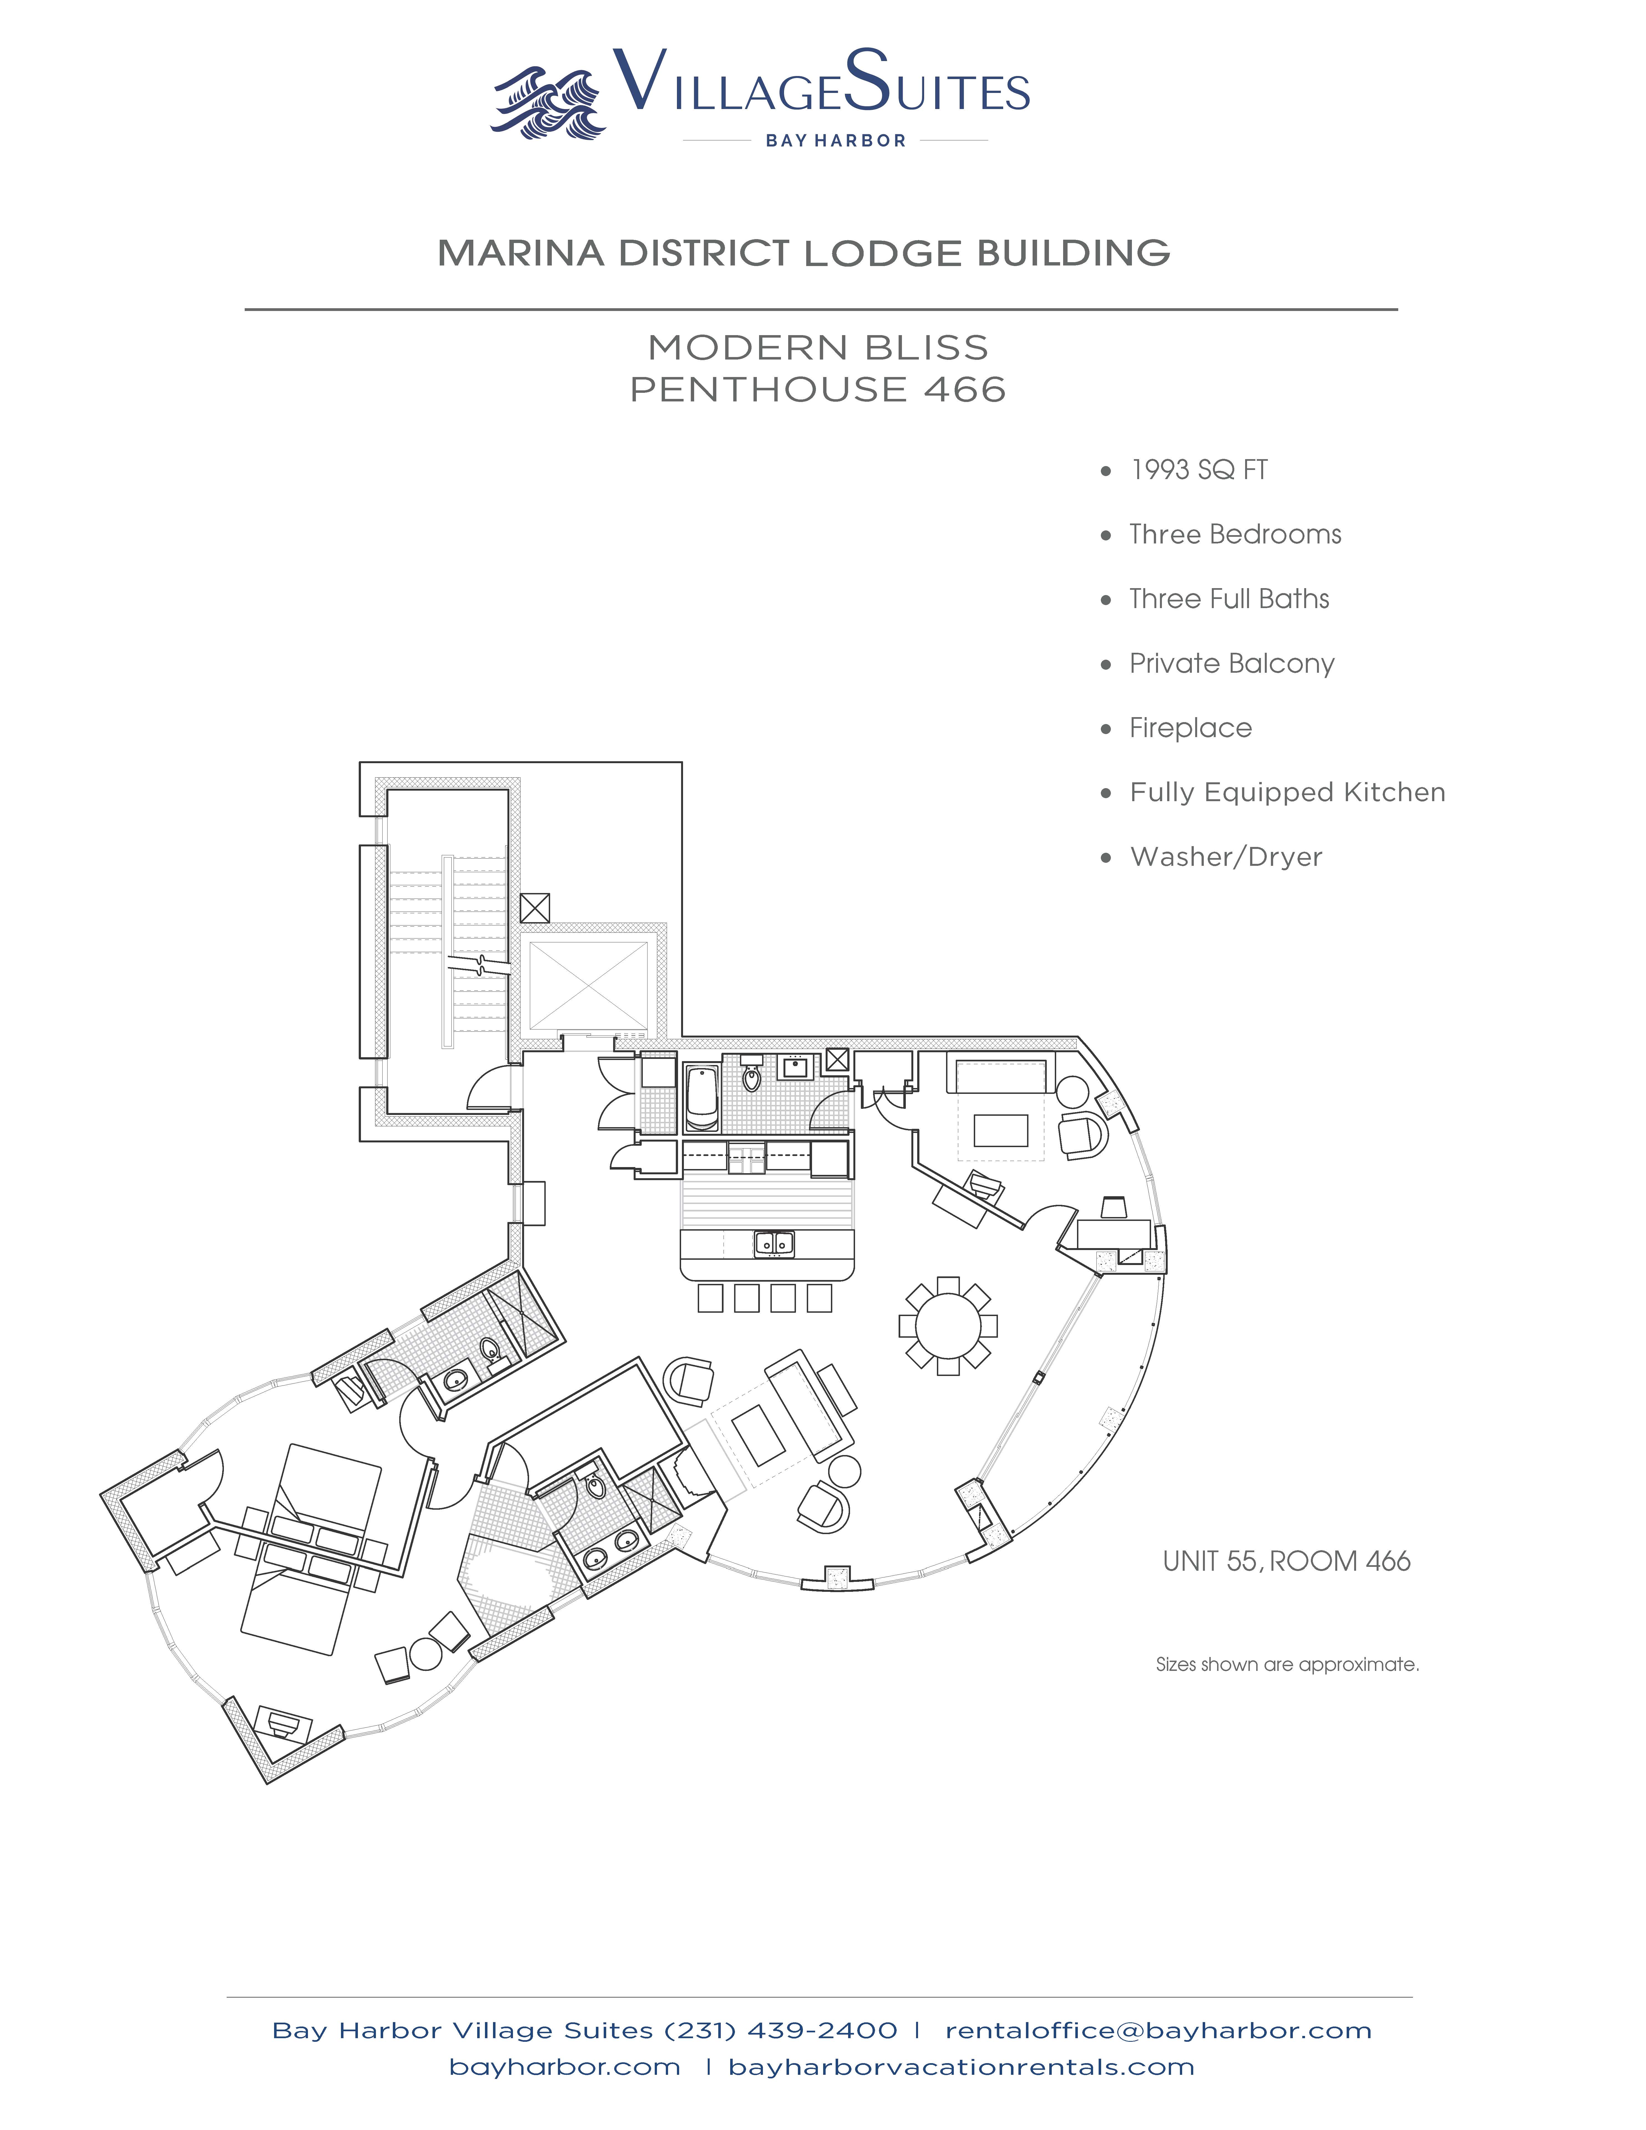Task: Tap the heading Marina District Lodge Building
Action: click(x=803, y=254)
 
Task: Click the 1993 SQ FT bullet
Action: click(x=1199, y=470)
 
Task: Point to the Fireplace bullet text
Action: click(x=1190, y=728)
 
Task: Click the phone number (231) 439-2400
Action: click(x=780, y=2030)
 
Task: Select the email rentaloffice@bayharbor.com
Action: click(x=1159, y=2030)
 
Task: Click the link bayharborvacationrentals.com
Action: click(x=960, y=2066)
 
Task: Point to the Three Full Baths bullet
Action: click(x=1229, y=599)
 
